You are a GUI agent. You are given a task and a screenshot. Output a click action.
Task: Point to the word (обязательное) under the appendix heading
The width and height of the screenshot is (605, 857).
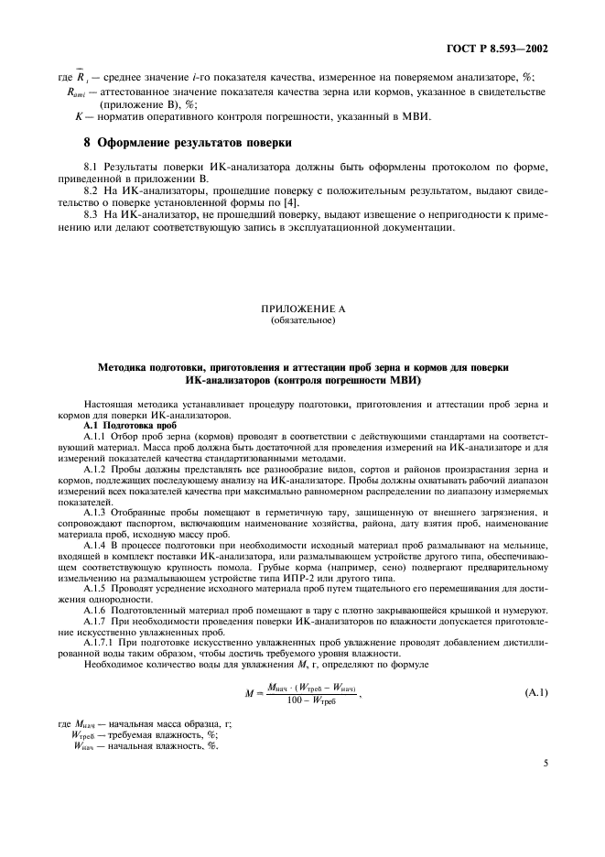pos(302,321)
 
